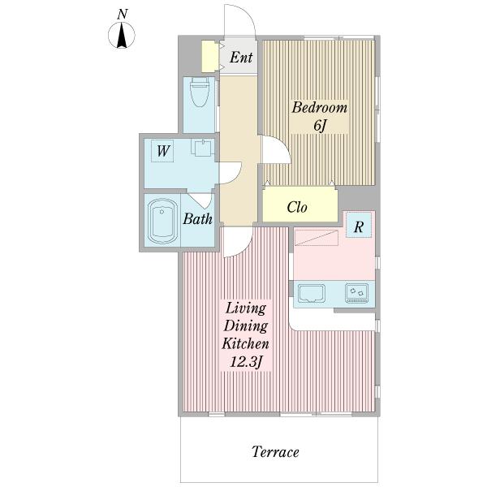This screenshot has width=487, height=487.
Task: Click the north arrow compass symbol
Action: [122, 34]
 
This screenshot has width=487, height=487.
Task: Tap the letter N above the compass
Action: [123, 15]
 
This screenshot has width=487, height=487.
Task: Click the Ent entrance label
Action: [241, 58]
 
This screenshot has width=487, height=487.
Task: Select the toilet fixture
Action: [199, 93]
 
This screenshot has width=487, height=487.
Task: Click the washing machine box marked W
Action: [162, 151]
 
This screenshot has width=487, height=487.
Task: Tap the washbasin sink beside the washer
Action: [202, 148]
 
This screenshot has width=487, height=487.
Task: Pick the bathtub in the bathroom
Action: [163, 221]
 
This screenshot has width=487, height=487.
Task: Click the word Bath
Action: [197, 219]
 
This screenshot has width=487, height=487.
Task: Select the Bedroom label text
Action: [319, 107]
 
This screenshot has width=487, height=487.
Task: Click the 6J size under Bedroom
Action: [320, 125]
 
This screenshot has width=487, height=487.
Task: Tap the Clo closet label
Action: [297, 207]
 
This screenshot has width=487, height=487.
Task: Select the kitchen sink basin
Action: [311, 293]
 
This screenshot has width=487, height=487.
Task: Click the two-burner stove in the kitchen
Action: [356, 293]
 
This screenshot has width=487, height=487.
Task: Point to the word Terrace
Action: [275, 452]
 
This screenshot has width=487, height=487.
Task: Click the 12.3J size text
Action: [246, 362]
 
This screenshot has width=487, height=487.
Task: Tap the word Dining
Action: [246, 326]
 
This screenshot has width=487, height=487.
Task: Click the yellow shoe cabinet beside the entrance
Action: [209, 56]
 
